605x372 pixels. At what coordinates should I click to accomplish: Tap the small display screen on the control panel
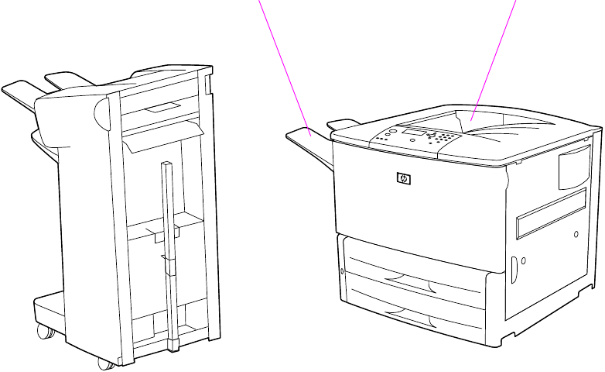(412, 132)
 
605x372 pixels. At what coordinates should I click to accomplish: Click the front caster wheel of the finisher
(102, 362)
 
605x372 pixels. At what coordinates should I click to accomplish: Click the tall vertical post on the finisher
(169, 248)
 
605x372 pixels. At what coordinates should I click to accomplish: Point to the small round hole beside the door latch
(523, 260)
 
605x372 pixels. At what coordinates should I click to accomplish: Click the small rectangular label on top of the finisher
(164, 105)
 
